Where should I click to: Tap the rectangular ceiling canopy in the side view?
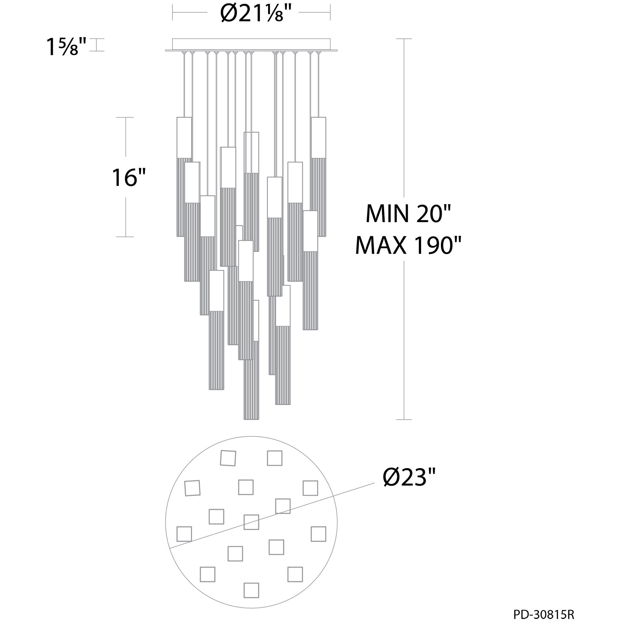pyautogui.click(x=251, y=45)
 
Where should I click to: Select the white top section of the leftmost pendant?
pyautogui.click(x=184, y=137)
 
